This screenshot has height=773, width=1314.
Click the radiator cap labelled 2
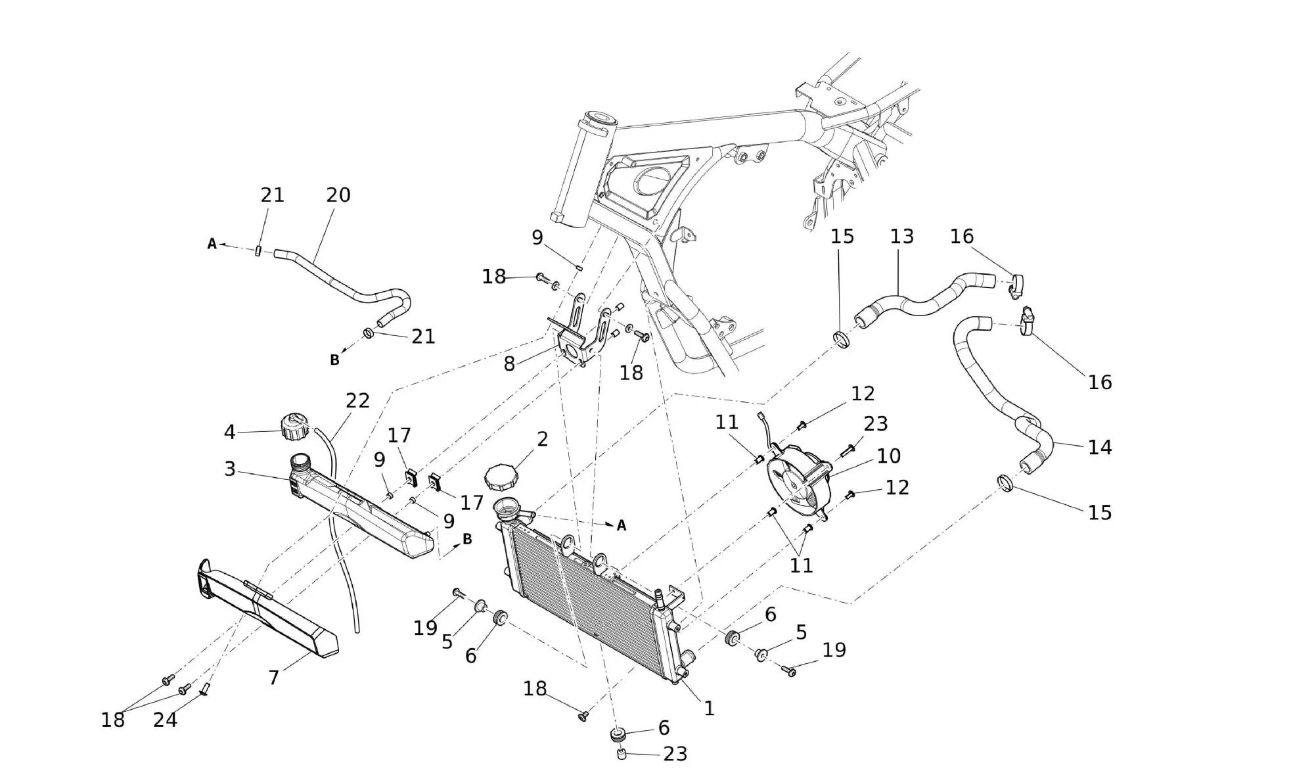pyautogui.click(x=501, y=476)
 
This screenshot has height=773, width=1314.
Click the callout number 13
pyautogui.click(x=901, y=237)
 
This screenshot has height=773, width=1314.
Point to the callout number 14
pyautogui.click(x=1099, y=448)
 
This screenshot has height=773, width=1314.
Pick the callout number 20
pyautogui.click(x=338, y=195)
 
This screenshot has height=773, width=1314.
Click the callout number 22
pyautogui.click(x=357, y=401)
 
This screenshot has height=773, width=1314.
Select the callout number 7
pyautogui.click(x=274, y=678)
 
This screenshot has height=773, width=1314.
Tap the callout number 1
pyautogui.click(x=709, y=709)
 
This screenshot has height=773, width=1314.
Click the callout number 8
pyautogui.click(x=509, y=363)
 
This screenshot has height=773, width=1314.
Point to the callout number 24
pyautogui.click(x=165, y=720)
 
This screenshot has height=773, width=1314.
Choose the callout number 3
pyautogui.click(x=230, y=469)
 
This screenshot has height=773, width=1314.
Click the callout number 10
pyautogui.click(x=888, y=456)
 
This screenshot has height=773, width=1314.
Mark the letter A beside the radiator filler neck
pyautogui.click(x=621, y=526)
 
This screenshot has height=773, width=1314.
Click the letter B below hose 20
pyautogui.click(x=334, y=360)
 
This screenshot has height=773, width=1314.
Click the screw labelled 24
pyautogui.click(x=204, y=688)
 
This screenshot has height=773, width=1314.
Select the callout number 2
pyautogui.click(x=542, y=439)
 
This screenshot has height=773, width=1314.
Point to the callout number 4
pyautogui.click(x=229, y=432)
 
